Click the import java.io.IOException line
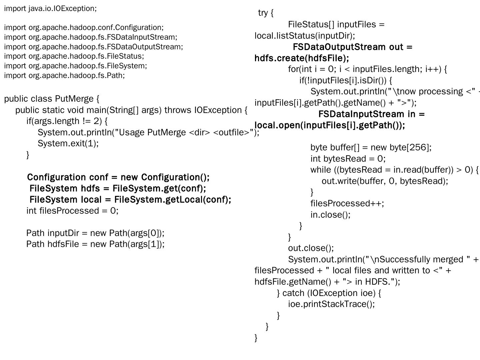(50, 9)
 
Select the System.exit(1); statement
(68, 143)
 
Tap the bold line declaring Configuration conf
(118, 177)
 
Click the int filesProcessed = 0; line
(72, 211)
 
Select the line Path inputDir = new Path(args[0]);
(95, 233)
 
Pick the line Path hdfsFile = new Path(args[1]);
(95, 244)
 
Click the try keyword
(263, 13)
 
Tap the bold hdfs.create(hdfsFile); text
(302, 58)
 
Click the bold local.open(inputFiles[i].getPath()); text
(330, 125)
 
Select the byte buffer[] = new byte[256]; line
(371, 147)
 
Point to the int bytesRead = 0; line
(348, 159)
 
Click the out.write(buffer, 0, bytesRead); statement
(385, 181)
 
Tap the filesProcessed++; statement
(347, 203)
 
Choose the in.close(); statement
(330, 215)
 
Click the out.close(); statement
(311, 248)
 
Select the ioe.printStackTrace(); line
(331, 304)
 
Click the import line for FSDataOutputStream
(93, 47)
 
